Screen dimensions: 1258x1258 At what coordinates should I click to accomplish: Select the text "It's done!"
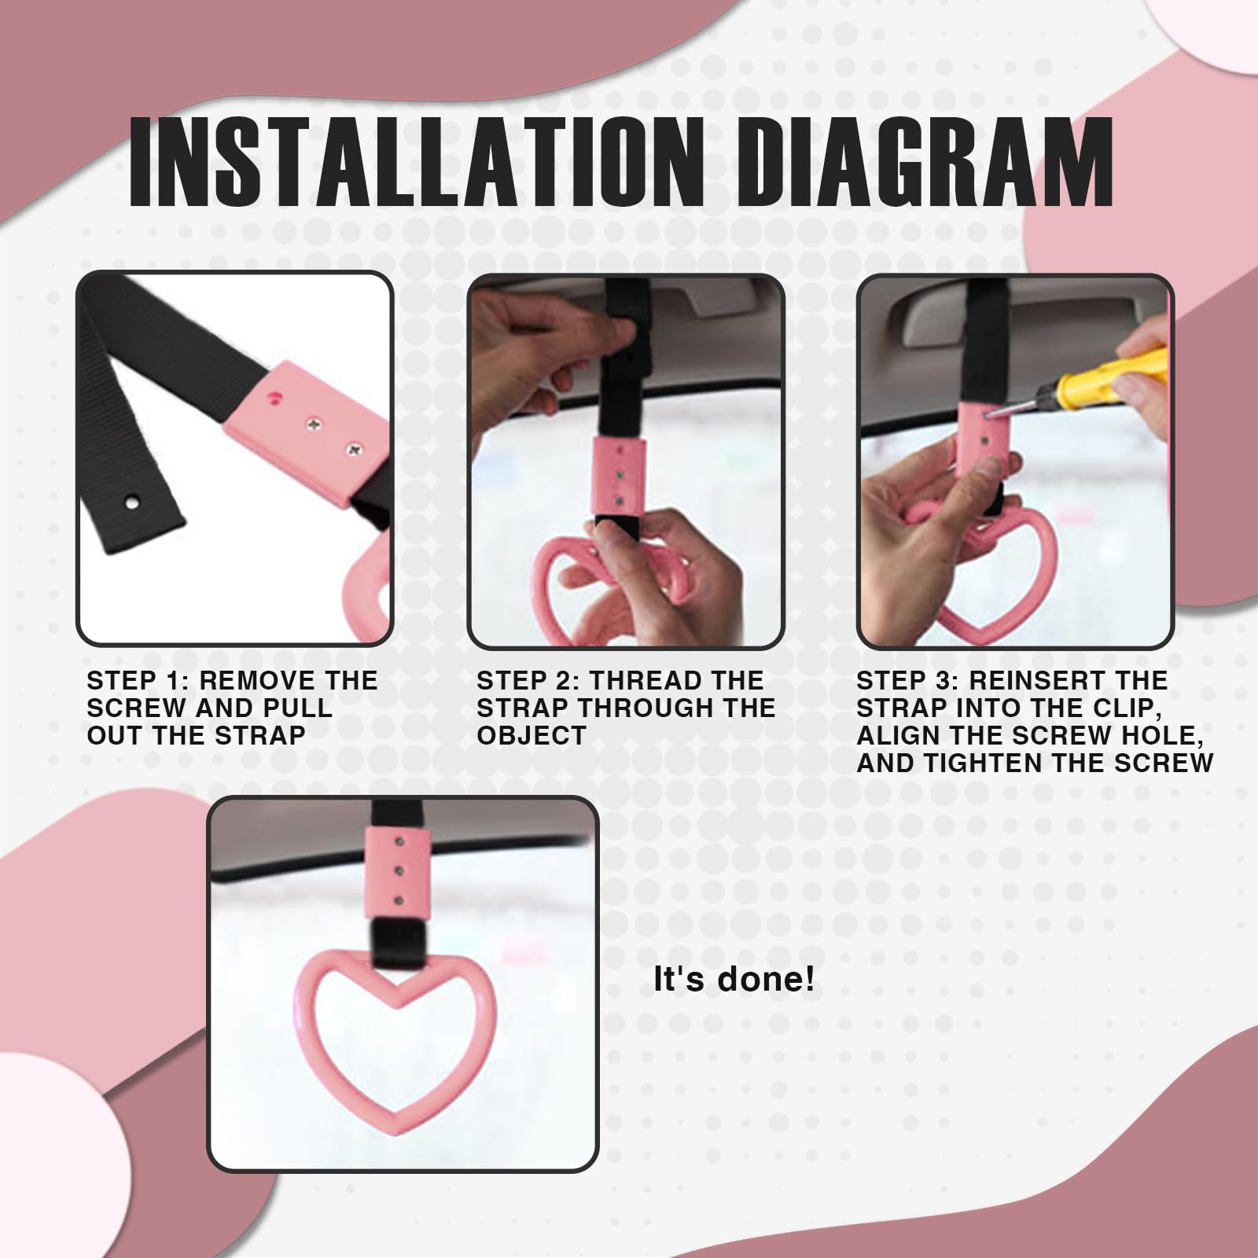(x=734, y=980)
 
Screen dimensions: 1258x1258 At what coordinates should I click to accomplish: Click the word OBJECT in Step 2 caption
(x=531, y=736)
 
